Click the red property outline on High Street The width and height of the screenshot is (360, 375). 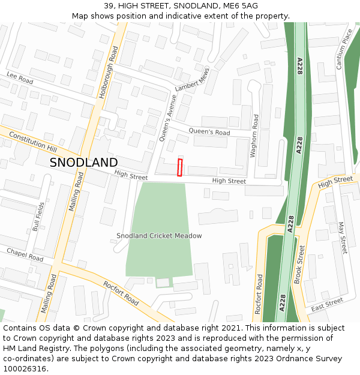179,168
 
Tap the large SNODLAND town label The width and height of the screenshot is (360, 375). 83,163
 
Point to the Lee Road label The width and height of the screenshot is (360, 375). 20,79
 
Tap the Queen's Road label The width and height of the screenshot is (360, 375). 209,132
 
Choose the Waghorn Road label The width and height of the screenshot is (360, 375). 254,137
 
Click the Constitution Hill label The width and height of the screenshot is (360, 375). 32,142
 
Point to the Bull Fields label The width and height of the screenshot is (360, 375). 38,217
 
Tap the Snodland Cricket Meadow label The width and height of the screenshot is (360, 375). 159,236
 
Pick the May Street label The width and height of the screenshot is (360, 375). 343,238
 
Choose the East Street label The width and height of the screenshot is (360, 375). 327,304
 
